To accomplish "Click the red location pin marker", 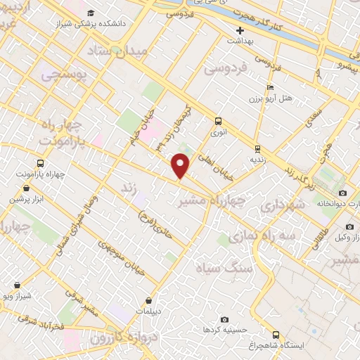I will pyautogui.click(x=181, y=166).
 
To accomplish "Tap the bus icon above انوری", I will pyautogui.click(x=219, y=120).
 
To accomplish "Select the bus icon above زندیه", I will pyautogui.click(x=258, y=148).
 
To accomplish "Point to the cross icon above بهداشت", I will pyautogui.click(x=240, y=30).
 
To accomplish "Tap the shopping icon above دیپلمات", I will pyautogui.click(x=148, y=300).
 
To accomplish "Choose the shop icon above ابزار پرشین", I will pyautogui.click(x=27, y=188).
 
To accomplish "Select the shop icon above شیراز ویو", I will pyautogui.click(x=17, y=285).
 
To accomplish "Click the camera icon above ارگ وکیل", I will pyautogui.click(x=350, y=227).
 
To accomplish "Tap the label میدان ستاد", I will pyautogui.click(x=117, y=51).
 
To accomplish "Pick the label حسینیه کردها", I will pyautogui.click(x=223, y=329).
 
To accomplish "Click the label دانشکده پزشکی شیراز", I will pyautogui.click(x=116, y=23).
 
